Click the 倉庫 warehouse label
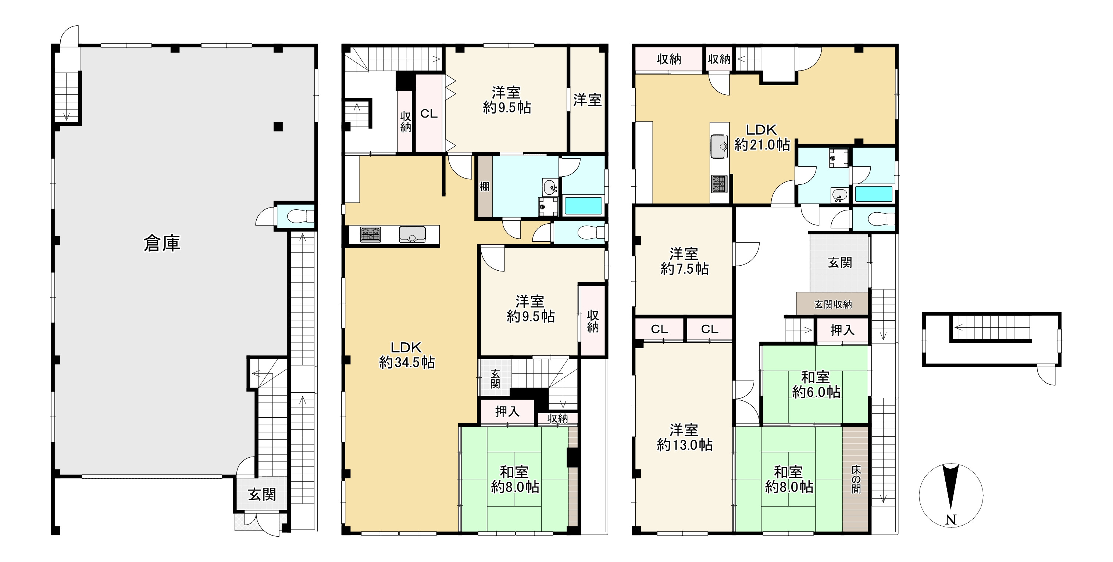click(x=161, y=244)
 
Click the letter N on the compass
click(x=951, y=520)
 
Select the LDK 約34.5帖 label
click(x=407, y=355)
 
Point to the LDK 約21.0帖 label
click(x=762, y=137)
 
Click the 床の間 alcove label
click(x=856, y=479)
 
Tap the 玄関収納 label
click(x=833, y=304)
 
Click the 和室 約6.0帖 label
click(x=816, y=384)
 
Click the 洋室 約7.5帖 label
click(x=684, y=261)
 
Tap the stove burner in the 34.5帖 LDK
click(x=370, y=235)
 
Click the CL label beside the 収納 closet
click(x=429, y=114)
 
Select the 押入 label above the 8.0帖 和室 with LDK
click(x=507, y=411)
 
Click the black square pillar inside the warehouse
click(x=278, y=126)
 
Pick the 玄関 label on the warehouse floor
click(x=262, y=495)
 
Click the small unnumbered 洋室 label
click(x=587, y=100)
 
